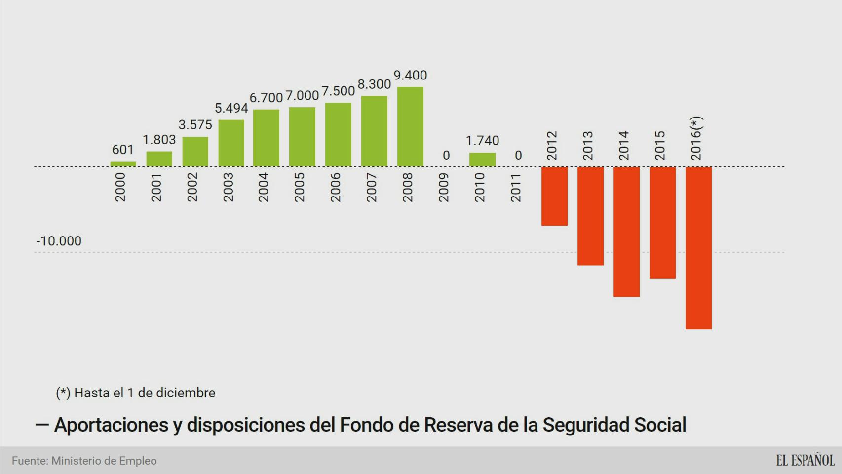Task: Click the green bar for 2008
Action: pyautogui.click(x=410, y=127)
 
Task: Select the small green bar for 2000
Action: pyautogui.click(x=123, y=164)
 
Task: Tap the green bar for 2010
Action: pyautogui.click(x=482, y=159)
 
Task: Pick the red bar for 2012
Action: pyautogui.click(x=554, y=196)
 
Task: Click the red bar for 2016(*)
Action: pyautogui.click(x=698, y=248)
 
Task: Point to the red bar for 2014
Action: pyautogui.click(x=626, y=232)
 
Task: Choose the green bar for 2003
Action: pyautogui.click(x=231, y=143)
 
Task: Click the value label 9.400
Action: pyautogui.click(x=410, y=76)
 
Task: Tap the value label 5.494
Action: pyautogui.click(x=231, y=108)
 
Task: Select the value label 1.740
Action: pyautogui.click(x=482, y=141)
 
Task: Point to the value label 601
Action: pyautogui.click(x=123, y=150)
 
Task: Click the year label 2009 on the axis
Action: pyautogui.click(x=444, y=188)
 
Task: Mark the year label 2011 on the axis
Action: pyautogui.click(x=516, y=188)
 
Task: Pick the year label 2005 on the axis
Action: pyautogui.click(x=300, y=188)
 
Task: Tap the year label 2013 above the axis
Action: pyautogui.click(x=588, y=146)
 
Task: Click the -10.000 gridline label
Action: pyautogui.click(x=59, y=241)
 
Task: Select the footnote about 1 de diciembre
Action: pyautogui.click(x=136, y=393)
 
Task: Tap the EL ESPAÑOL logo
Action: pyautogui.click(x=805, y=461)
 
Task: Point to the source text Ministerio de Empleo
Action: pyautogui.click(x=104, y=461)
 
